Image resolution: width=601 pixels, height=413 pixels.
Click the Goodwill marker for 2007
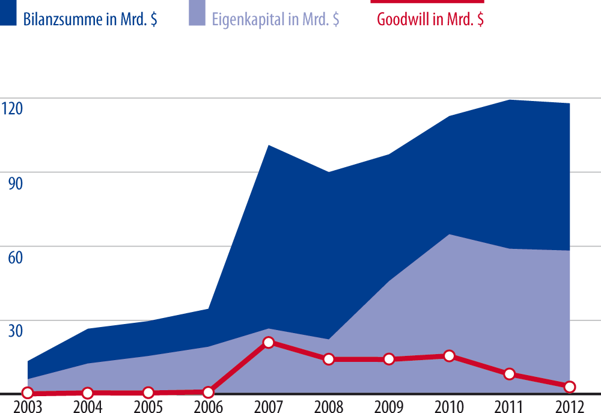coord(269,343)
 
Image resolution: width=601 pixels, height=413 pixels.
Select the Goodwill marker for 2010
coord(449,356)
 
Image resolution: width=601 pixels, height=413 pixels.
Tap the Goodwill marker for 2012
coord(570,387)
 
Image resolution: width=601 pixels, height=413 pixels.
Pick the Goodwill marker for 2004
coord(88,393)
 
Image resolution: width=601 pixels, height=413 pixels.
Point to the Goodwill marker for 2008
coord(329,359)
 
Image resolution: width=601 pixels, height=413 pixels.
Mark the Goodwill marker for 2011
coord(510,374)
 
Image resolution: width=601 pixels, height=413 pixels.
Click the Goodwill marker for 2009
coord(389,359)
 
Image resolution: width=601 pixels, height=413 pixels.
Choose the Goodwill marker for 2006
coord(208,392)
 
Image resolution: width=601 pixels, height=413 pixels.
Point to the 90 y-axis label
coord(15,183)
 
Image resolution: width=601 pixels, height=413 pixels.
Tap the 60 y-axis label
coord(15,257)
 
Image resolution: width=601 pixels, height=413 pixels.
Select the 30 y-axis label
coord(15,331)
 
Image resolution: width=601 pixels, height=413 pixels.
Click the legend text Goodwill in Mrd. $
coord(430,19)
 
